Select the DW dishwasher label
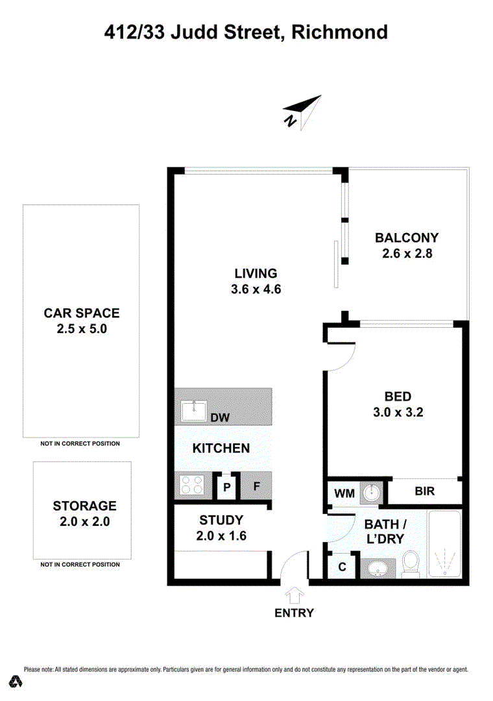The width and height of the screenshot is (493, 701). tap(220, 417)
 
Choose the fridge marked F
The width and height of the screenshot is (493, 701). tap(256, 486)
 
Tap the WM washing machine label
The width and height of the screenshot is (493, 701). tap(344, 493)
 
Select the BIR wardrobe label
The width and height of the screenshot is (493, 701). tap(424, 491)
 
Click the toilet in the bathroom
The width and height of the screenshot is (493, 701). tap(411, 563)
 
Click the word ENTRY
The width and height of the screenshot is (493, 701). tap(294, 613)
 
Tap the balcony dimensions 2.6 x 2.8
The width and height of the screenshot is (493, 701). tap(407, 253)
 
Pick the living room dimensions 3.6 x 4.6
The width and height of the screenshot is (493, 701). tap(256, 289)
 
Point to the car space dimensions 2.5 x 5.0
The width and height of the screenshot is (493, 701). tap(82, 328)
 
